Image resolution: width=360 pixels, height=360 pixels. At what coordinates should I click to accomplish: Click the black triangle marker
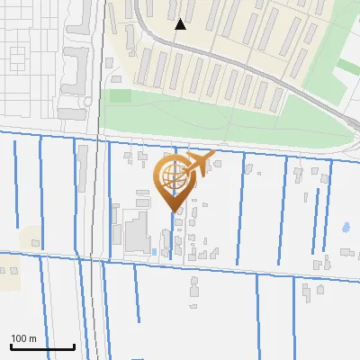click(x=181, y=24)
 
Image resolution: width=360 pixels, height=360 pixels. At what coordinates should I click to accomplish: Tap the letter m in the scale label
click(x=32, y=338)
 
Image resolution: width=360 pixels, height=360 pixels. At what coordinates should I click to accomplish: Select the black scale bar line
click(x=42, y=346)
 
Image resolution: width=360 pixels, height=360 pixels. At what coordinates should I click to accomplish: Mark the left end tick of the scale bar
click(x=11, y=345)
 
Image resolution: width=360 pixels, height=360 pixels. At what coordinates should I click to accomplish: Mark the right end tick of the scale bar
click(x=74, y=345)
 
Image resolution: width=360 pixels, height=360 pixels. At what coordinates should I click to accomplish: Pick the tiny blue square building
click(x=154, y=250)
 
